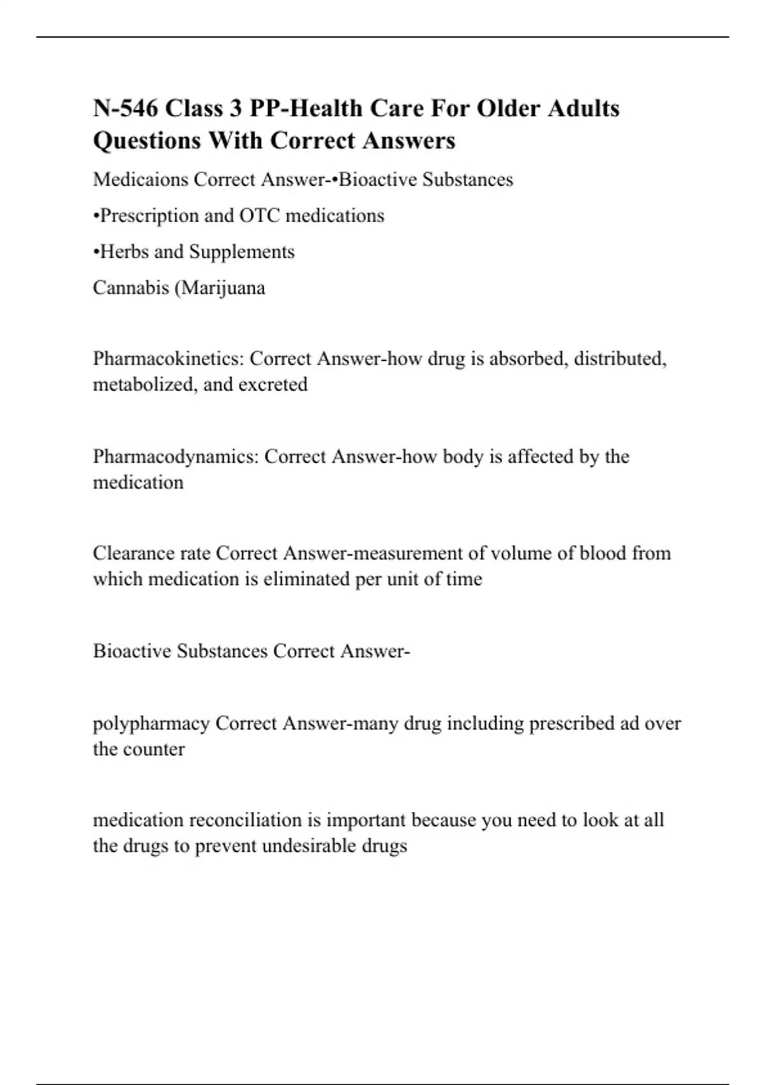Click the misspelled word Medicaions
140,180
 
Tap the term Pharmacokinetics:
169,359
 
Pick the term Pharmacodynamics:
176,457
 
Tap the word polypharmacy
151,724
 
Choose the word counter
156,749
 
